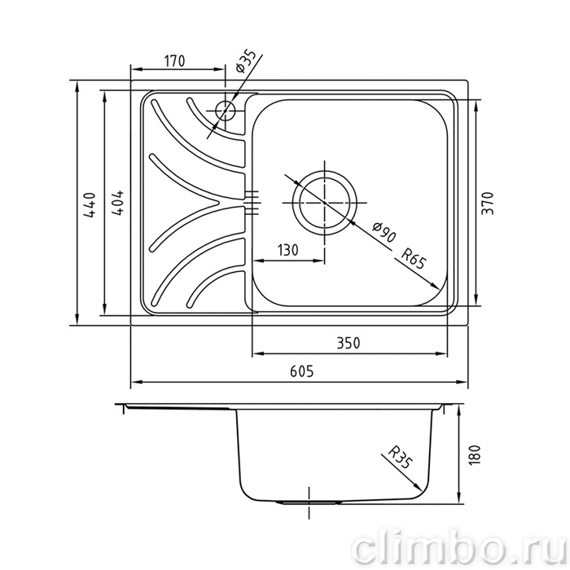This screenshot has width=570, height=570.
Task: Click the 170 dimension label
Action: (x=175, y=61)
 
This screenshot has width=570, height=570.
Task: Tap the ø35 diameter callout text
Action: (x=245, y=61)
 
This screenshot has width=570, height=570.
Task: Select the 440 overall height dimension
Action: (x=90, y=205)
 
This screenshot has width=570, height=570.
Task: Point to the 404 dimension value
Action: (x=117, y=204)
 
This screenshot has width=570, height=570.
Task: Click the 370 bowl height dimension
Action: (x=488, y=203)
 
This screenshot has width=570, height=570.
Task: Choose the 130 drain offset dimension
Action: (x=288, y=250)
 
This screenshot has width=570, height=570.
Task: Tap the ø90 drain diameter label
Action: (x=384, y=232)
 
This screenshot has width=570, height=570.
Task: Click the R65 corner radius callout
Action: (x=413, y=258)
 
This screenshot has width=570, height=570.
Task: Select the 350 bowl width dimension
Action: (x=348, y=343)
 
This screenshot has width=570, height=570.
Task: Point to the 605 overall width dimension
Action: (x=302, y=371)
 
